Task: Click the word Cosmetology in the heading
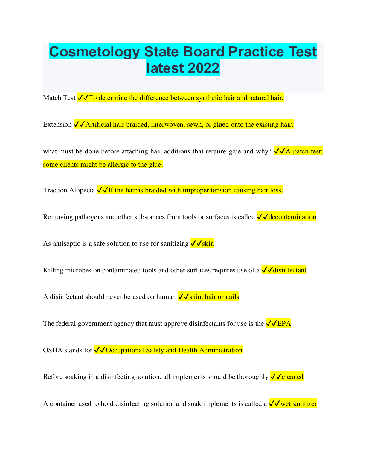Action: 94,52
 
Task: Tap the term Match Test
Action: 59,98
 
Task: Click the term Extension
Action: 57,125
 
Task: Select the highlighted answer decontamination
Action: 292,217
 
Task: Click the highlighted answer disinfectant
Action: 289,270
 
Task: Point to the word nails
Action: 232,297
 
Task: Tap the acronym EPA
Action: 284,324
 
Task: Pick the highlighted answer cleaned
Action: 292,377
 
